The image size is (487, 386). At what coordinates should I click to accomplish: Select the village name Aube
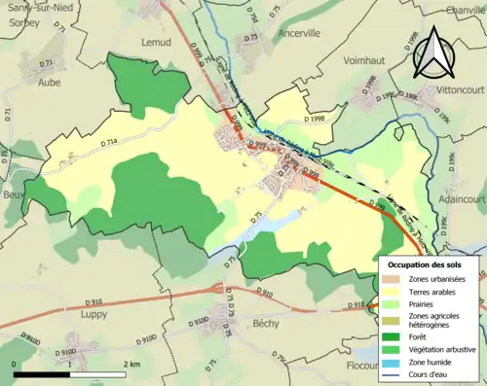(48, 84)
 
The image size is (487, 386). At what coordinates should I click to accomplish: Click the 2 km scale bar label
(133, 364)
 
